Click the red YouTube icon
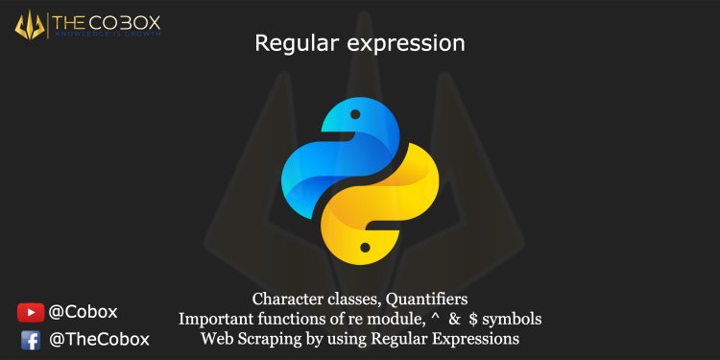pyautogui.click(x=30, y=311)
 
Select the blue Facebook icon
pyautogui.click(x=30, y=339)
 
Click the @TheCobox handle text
pyautogui.click(x=99, y=339)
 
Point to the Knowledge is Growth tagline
pyautogui.click(x=109, y=35)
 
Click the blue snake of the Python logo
pyautogui.click(x=326, y=154)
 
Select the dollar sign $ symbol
pyautogui.click(x=473, y=318)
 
